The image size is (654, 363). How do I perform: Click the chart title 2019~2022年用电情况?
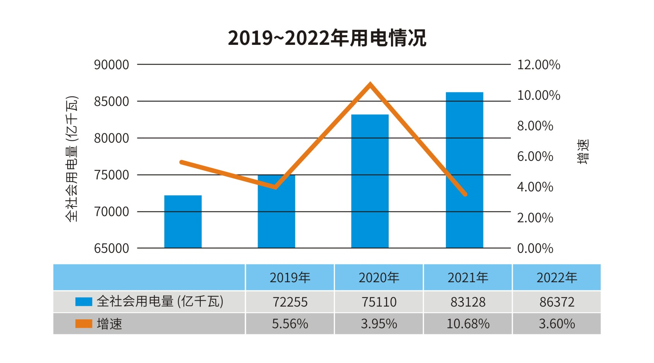coord(327,38)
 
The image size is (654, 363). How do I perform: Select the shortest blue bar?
coord(183,222)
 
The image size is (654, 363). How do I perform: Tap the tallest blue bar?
coord(464,170)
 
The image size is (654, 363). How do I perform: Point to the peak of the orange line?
coord(370,84)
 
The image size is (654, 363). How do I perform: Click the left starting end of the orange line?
coord(181,162)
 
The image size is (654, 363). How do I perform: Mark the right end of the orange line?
coord(465,194)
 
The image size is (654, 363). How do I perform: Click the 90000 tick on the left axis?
coord(111,65)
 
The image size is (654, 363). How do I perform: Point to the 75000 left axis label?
coord(111,175)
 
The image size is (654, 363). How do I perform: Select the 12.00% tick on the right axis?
coord(538,65)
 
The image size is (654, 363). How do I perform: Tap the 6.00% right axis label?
coord(535,157)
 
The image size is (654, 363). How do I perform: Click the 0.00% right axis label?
coord(535,248)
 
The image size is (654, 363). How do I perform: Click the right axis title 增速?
coord(583,152)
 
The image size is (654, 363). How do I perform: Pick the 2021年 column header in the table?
coord(468,278)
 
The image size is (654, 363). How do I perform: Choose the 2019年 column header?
coord(290,278)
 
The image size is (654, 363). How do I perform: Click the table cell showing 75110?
coord(379,302)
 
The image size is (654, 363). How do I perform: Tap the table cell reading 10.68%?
coord(468,324)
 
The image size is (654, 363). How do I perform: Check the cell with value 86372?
coord(557,302)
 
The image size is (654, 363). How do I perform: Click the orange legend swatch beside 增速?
coord(84,324)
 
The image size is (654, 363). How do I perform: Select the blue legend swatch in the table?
coord(84,302)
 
